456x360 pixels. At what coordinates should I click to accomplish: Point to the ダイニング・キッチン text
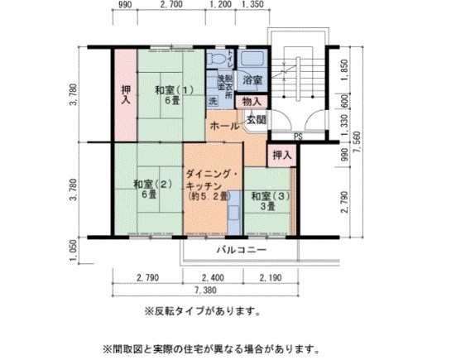[212, 175]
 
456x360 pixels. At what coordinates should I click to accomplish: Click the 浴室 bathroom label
[252, 80]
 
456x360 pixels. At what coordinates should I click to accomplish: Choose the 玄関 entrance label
[256, 120]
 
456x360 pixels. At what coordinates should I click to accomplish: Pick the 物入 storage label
[252, 101]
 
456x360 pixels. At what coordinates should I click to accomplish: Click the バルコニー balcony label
[241, 249]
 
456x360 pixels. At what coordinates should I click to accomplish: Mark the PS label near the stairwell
[296, 137]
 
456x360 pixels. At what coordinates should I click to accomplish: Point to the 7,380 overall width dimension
[207, 291]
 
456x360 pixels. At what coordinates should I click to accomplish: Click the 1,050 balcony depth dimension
[74, 249]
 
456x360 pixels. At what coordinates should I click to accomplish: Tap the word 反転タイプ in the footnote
[170, 312]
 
